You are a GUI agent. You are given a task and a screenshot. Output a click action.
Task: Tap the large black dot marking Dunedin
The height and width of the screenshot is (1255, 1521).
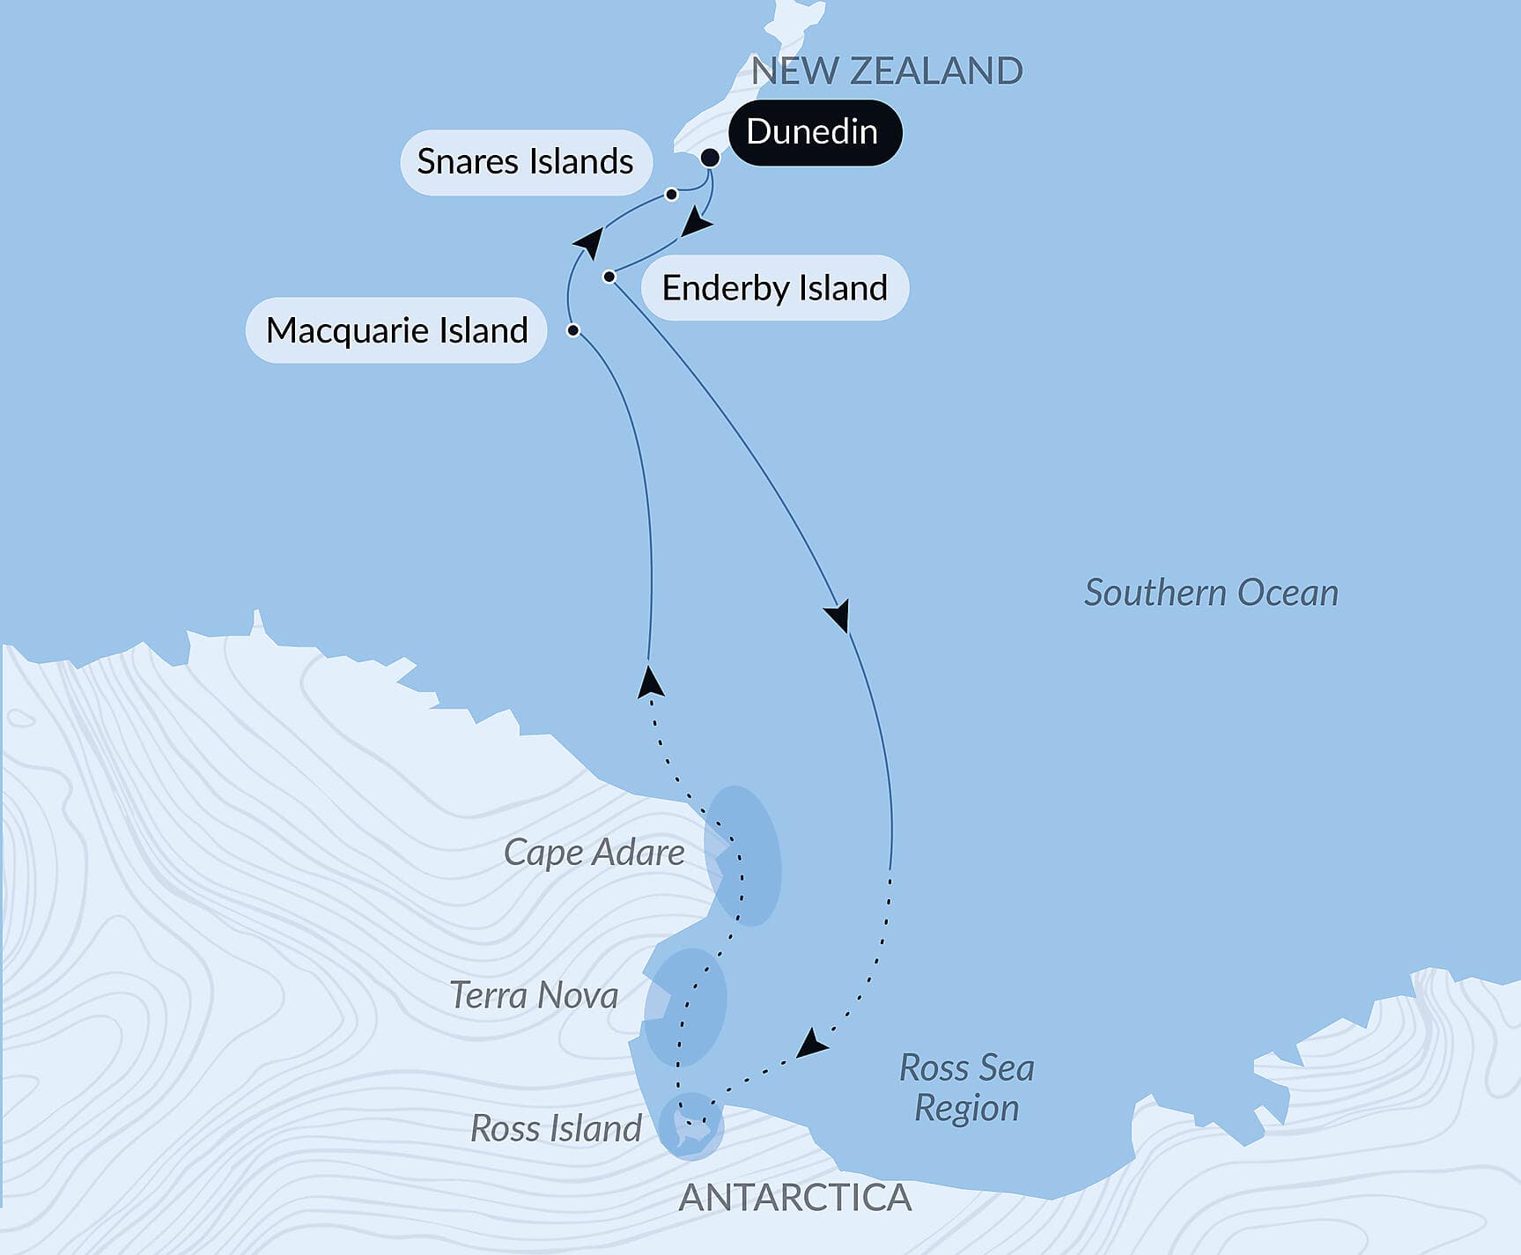click(x=710, y=158)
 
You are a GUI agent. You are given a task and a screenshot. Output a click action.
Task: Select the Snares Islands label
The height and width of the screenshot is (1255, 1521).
click(x=526, y=162)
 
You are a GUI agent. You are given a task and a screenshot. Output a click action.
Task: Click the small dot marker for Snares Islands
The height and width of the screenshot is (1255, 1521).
click(x=671, y=194)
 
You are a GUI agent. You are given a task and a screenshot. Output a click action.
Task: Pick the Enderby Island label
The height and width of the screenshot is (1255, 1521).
click(x=774, y=288)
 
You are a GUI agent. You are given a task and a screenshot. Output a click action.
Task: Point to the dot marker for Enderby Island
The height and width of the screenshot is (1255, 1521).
click(x=609, y=277)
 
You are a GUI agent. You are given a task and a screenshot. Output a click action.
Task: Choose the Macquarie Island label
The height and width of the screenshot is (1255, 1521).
click(x=396, y=330)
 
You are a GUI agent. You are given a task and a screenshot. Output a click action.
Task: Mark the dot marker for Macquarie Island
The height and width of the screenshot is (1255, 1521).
click(x=573, y=330)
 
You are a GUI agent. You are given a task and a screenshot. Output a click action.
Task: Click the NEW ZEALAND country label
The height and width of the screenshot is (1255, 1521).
click(x=886, y=71)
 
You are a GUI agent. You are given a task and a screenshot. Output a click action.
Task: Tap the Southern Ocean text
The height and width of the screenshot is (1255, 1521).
click(x=1210, y=593)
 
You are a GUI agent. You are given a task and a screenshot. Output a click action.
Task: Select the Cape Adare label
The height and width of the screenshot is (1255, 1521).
click(x=594, y=853)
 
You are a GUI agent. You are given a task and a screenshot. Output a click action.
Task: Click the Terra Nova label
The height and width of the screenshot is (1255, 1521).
click(x=534, y=996)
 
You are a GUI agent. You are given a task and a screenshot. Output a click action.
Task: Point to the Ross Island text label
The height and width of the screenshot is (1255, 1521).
click(x=556, y=1128)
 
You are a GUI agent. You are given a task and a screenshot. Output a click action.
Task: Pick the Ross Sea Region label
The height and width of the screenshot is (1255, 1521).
click(x=966, y=1088)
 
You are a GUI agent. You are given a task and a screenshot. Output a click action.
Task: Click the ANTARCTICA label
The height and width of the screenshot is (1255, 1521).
click(x=794, y=1198)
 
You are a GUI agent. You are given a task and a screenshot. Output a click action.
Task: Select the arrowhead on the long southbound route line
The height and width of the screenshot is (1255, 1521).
click(x=839, y=615)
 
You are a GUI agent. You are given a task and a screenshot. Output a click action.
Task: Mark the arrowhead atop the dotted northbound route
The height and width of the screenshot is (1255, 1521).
click(x=650, y=683)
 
